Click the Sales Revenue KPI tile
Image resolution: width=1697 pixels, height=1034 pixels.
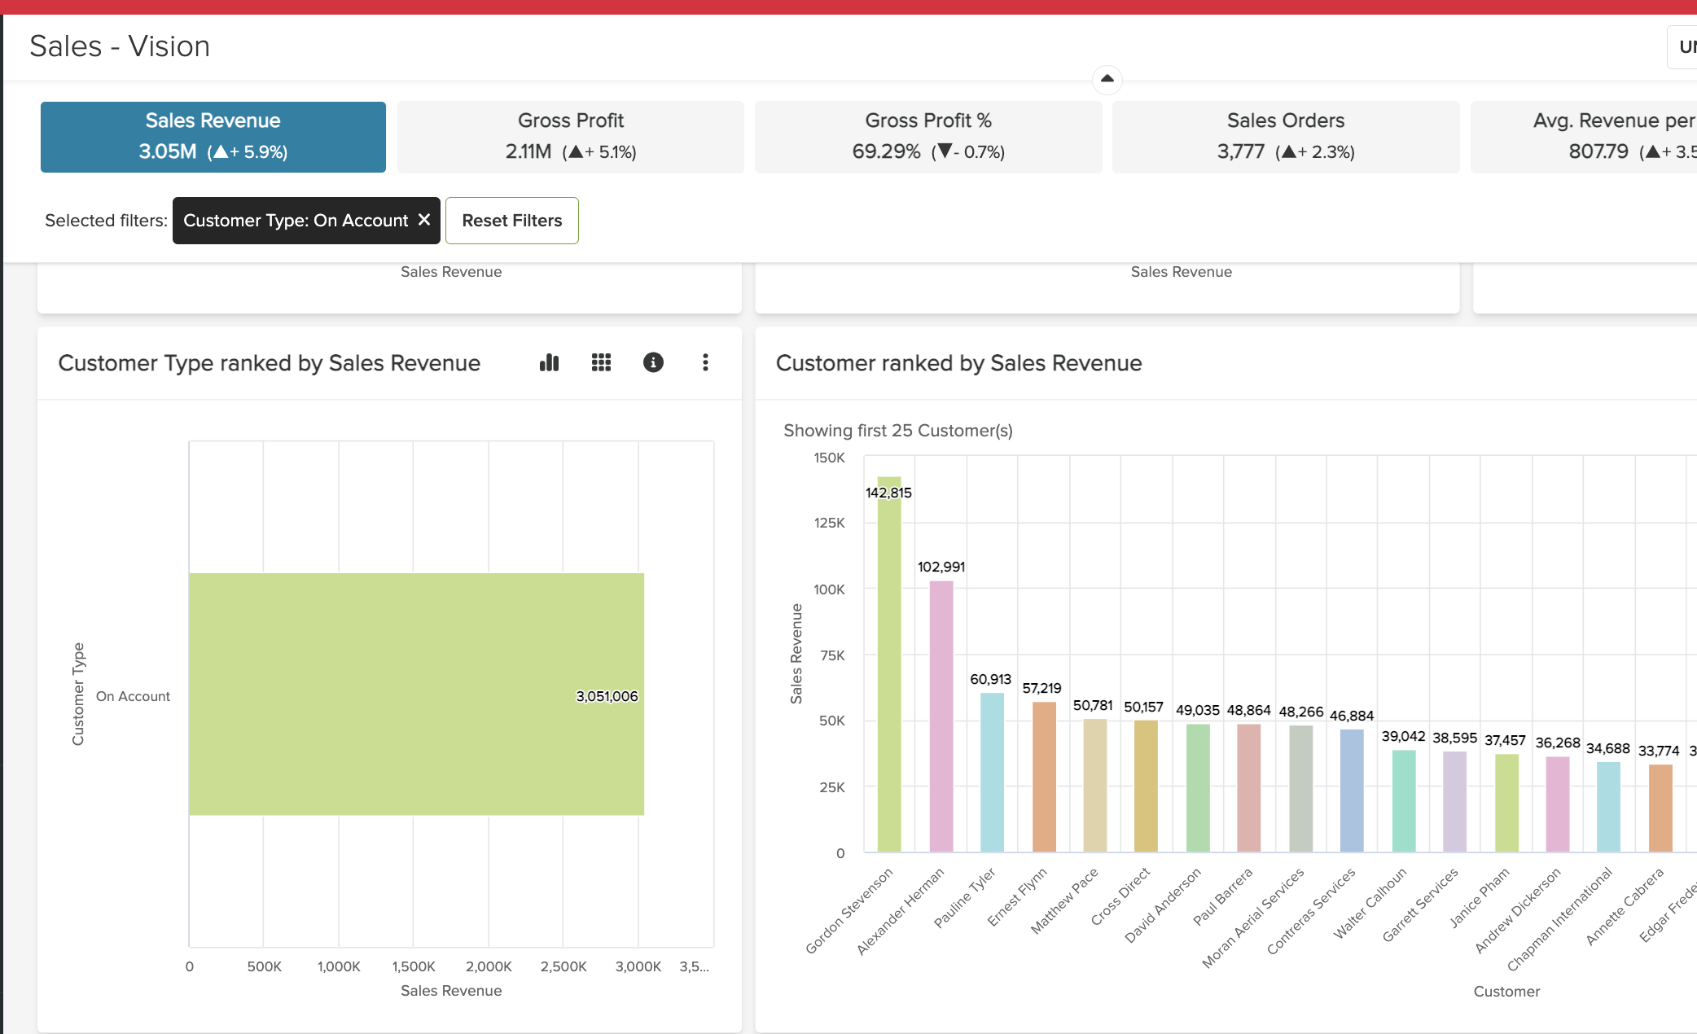point(213,136)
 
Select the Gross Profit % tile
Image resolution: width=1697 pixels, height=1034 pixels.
point(927,136)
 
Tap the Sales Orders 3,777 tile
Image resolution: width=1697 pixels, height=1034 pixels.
point(1285,136)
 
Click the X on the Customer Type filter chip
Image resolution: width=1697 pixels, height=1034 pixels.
point(424,220)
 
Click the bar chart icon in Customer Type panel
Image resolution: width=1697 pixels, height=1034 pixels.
point(550,362)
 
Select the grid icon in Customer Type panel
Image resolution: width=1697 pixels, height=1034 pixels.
point(601,362)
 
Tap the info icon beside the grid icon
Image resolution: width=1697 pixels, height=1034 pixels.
point(653,362)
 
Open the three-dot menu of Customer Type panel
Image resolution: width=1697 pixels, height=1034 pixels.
point(705,362)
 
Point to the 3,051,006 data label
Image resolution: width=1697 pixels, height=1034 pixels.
point(607,696)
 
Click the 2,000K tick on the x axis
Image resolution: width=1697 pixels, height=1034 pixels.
point(489,966)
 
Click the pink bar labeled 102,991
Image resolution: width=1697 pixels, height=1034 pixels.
point(941,716)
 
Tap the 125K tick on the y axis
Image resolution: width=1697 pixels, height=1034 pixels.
point(829,523)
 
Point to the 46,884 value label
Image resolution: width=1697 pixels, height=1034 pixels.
point(1352,716)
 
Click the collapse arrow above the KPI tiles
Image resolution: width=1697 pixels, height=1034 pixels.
point(1107,79)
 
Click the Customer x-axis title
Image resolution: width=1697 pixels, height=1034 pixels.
point(1506,991)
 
